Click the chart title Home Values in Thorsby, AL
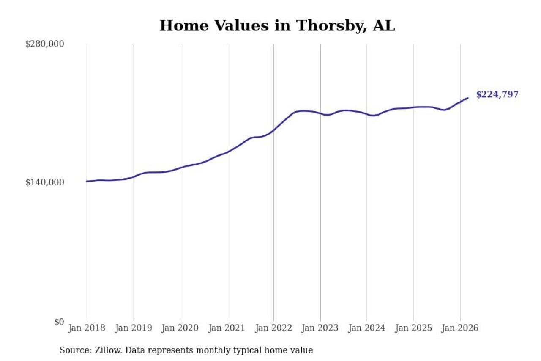pyautogui.click(x=277, y=26)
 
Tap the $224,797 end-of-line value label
pyautogui.click(x=497, y=94)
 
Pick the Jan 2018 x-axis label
pyautogui.click(x=87, y=328)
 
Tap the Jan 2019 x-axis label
pyautogui.click(x=134, y=328)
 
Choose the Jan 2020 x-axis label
pyautogui.click(x=180, y=328)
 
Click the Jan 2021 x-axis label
pyautogui.click(x=227, y=328)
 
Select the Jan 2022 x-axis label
pyautogui.click(x=274, y=328)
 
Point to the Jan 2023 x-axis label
pyautogui.click(x=320, y=328)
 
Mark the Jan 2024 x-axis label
pyautogui.click(x=367, y=328)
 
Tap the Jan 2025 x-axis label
pyautogui.click(x=414, y=328)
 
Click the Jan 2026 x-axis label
pyautogui.click(x=460, y=328)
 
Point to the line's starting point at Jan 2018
pyautogui.click(x=87, y=181)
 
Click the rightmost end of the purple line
pyautogui.click(x=468, y=98)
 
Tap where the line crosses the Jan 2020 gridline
pyautogui.click(x=180, y=168)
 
